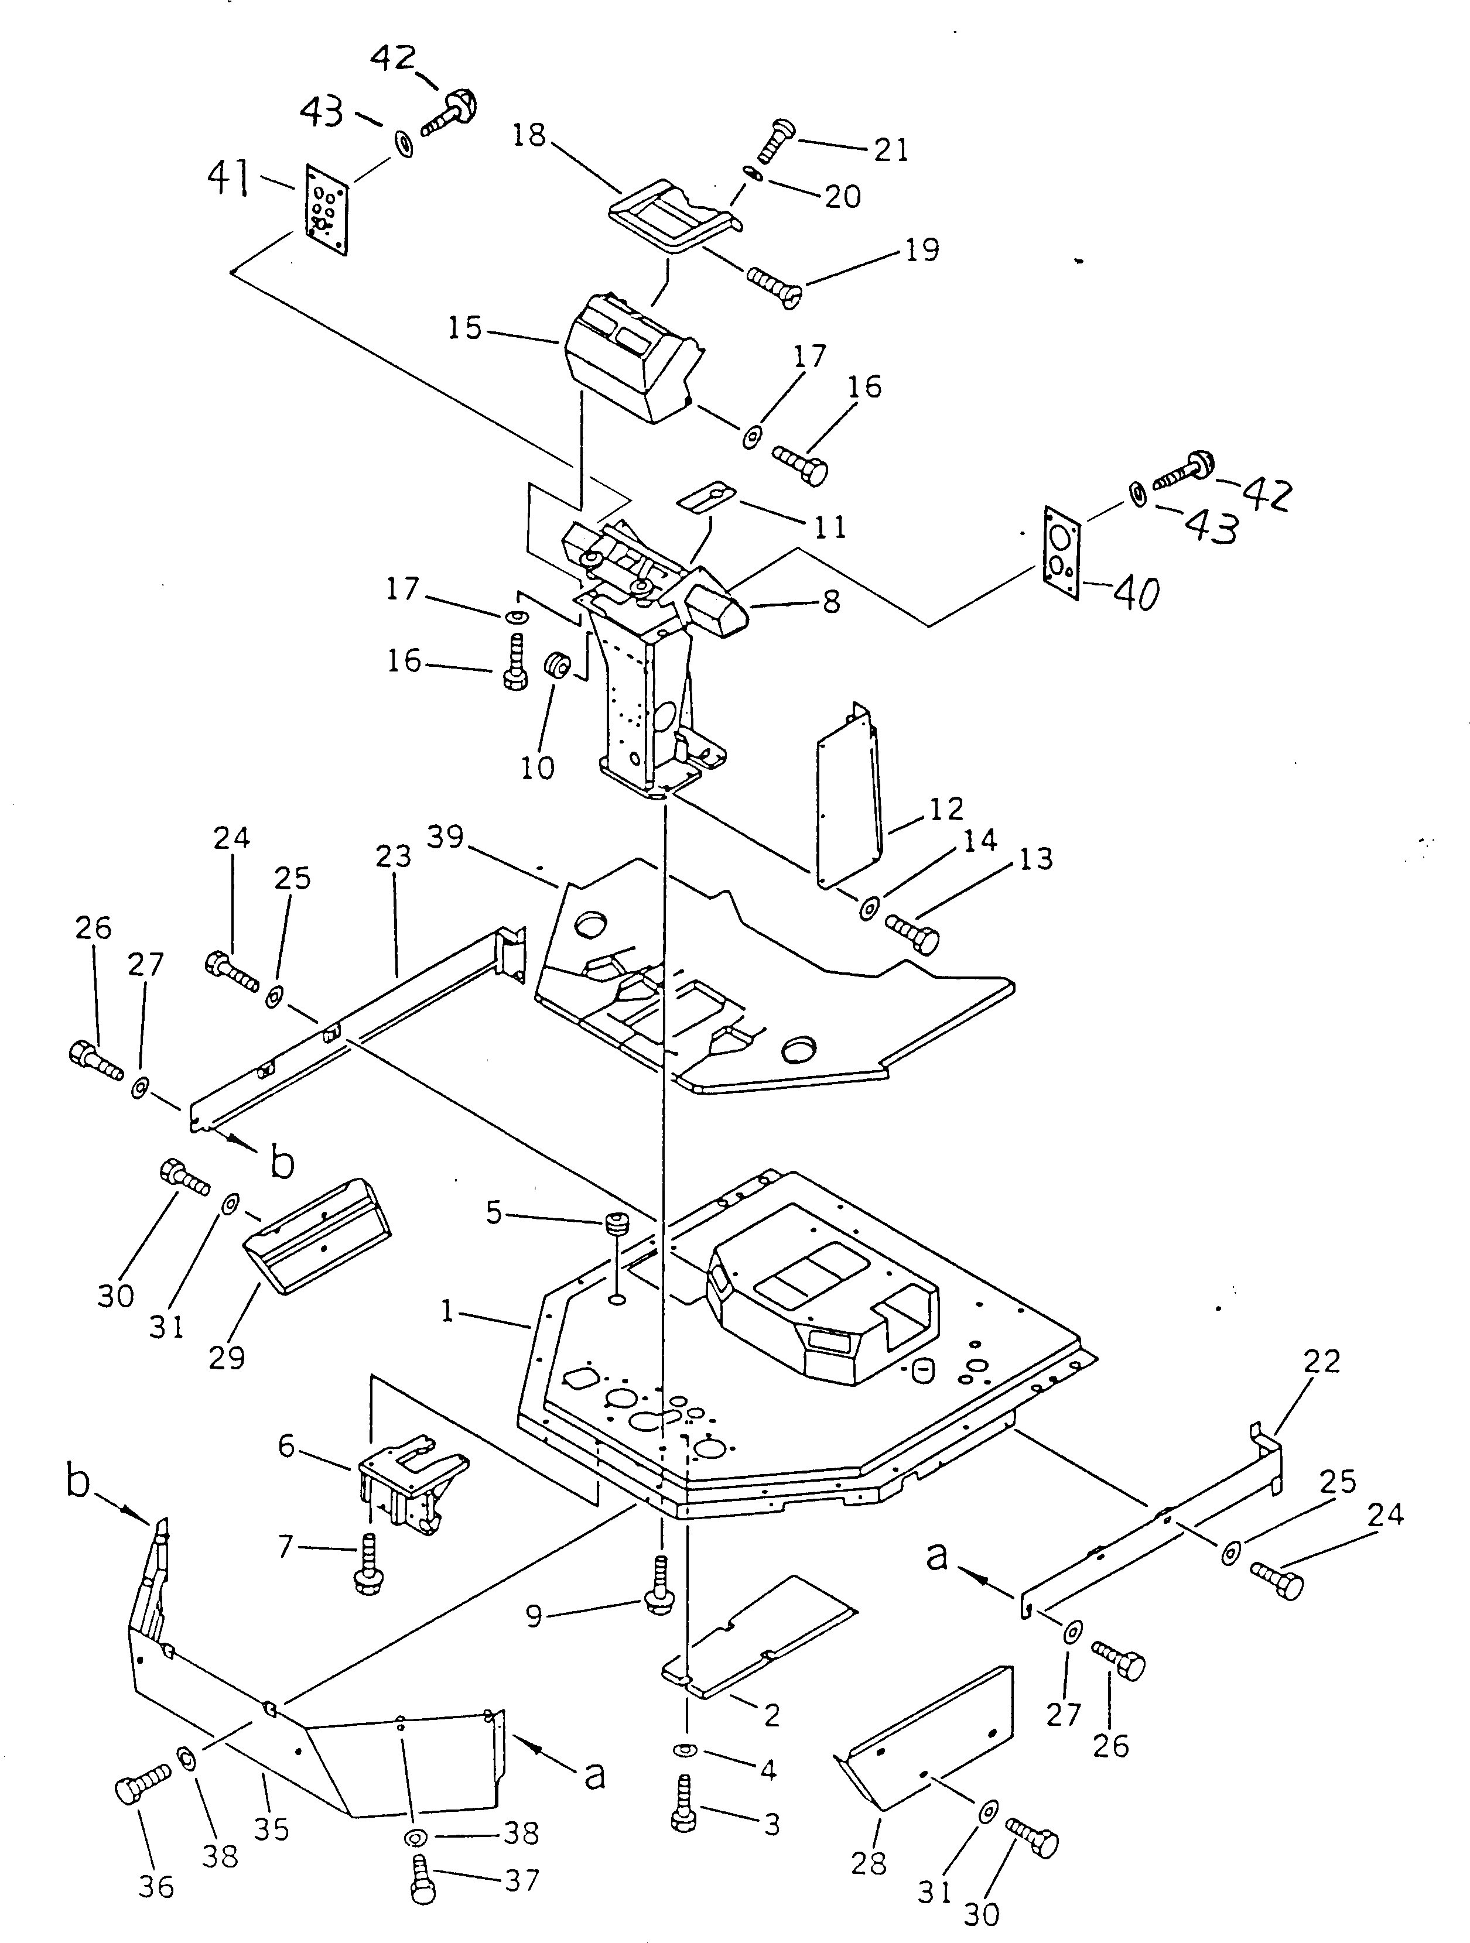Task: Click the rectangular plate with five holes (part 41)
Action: tap(327, 209)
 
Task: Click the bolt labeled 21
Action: tap(772, 139)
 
